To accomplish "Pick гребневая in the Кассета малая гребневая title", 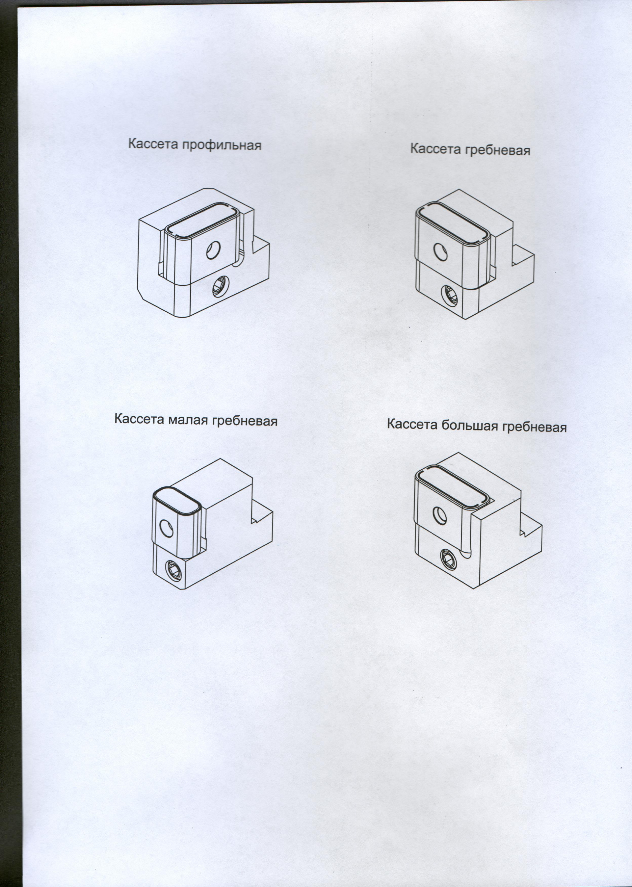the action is (245, 421).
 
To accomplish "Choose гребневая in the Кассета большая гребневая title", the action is (534, 427).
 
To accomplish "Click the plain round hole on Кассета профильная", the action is (213, 250).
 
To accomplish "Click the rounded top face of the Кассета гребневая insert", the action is (453, 224).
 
